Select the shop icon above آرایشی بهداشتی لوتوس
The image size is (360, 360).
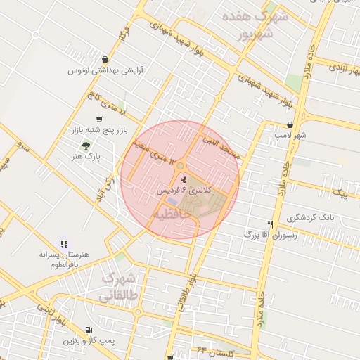point(105,60)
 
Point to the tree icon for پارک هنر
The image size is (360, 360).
point(86,146)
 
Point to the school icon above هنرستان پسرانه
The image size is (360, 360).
point(65,243)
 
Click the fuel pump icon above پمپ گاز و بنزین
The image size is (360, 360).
point(87,329)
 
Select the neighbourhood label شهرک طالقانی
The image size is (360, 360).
point(121,288)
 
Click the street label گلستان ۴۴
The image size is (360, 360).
point(215,351)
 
